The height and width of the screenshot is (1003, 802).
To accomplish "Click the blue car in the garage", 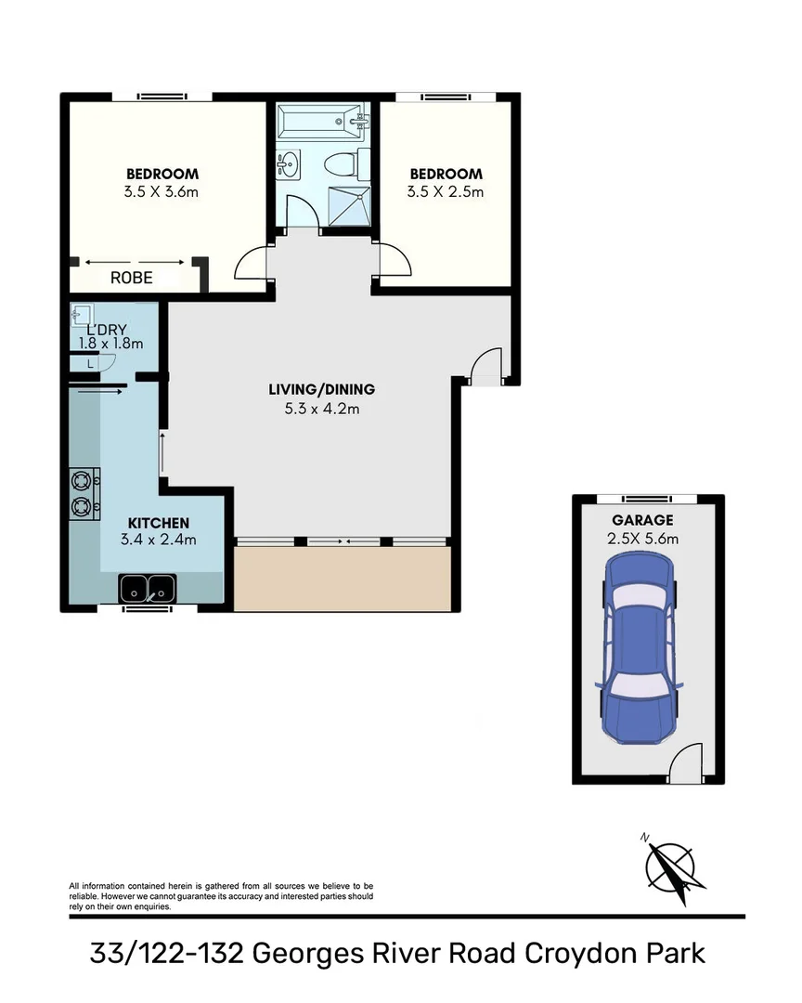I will (x=640, y=649).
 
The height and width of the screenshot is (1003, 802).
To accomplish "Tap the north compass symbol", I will (x=670, y=867).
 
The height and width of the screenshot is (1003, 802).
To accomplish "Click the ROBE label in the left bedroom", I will (x=131, y=278).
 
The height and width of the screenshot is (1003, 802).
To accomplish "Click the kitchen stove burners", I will (x=84, y=493).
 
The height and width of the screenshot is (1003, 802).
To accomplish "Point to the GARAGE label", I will (x=642, y=520).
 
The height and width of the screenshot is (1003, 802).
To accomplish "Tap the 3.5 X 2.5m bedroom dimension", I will (x=446, y=192).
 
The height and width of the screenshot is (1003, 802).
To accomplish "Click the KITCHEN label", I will (x=158, y=524).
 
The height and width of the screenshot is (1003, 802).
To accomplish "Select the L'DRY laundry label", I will (x=106, y=330).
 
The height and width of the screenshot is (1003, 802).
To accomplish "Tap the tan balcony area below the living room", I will (x=342, y=578).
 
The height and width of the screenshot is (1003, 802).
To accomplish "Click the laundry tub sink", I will (x=81, y=316).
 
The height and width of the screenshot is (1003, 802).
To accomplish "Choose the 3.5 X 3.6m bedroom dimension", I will (x=162, y=192).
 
